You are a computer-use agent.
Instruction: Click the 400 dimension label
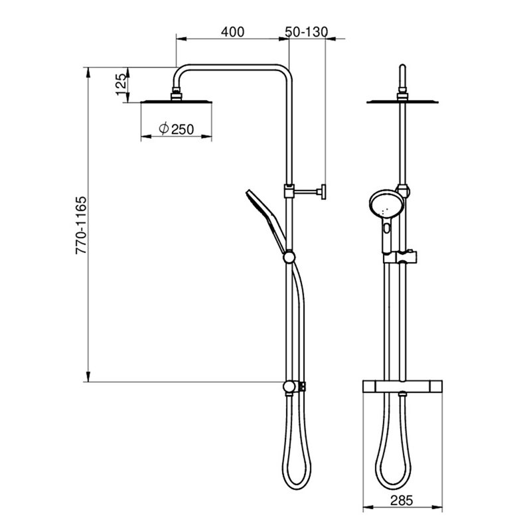tap(232, 32)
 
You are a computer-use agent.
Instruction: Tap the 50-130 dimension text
tap(307, 32)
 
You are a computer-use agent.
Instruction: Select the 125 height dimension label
tap(121, 85)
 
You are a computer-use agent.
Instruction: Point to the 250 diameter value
tap(183, 129)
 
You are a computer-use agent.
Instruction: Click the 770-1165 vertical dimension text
tap(81, 225)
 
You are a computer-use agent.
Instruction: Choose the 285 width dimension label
tap(402, 500)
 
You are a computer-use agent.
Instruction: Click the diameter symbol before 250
tap(164, 128)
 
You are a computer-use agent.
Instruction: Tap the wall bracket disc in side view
tap(323, 192)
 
